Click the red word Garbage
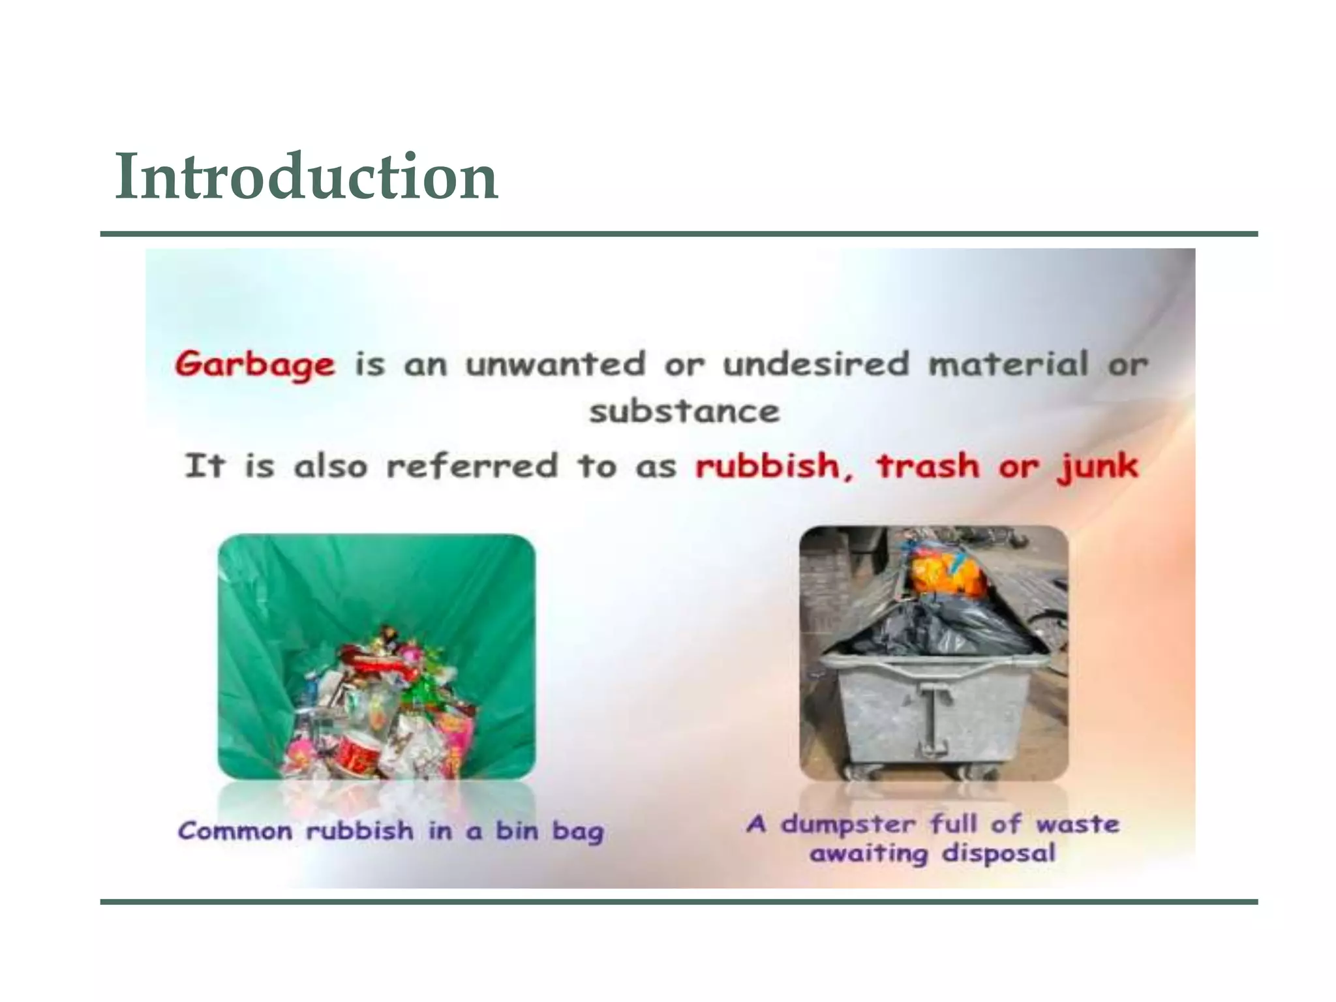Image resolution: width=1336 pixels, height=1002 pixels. click(x=255, y=364)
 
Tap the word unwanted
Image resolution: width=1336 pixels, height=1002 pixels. click(x=555, y=364)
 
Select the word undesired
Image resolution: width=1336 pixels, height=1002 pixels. click(x=815, y=364)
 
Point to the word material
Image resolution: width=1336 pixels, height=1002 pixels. click(x=1008, y=364)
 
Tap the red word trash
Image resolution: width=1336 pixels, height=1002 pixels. click(x=928, y=466)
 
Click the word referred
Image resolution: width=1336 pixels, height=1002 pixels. click(x=472, y=466)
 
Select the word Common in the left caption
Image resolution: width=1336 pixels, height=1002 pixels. click(x=235, y=831)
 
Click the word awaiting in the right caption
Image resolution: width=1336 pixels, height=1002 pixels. click(x=868, y=854)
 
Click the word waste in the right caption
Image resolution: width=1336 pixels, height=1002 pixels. click(x=1078, y=824)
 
